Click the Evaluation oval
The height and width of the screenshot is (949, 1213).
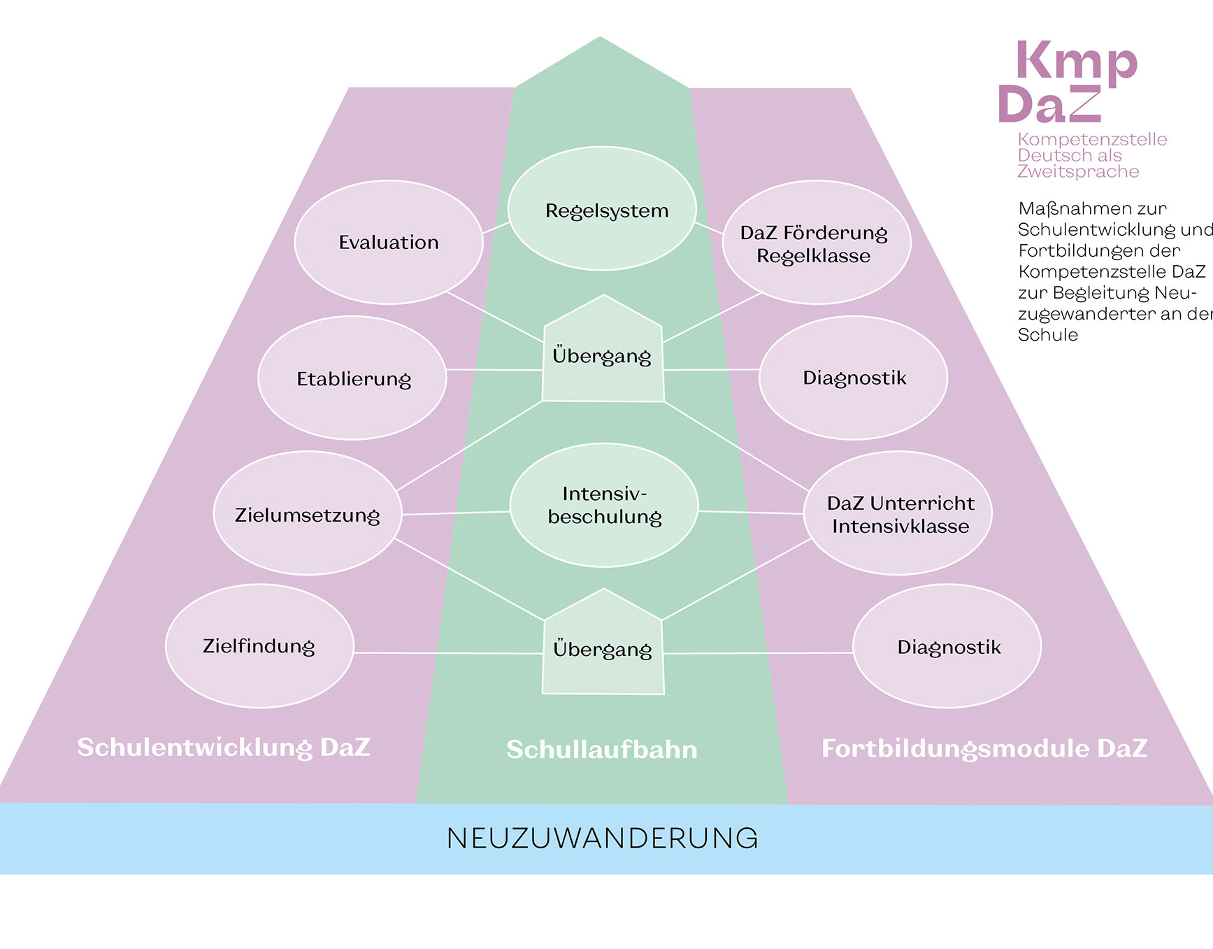(389, 242)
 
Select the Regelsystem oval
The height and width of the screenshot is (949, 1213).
(602, 209)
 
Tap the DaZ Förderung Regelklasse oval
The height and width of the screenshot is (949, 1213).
(816, 243)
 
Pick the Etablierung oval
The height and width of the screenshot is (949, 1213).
(352, 378)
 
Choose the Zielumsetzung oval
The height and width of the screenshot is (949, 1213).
(308, 514)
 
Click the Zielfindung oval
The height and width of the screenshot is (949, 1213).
(259, 646)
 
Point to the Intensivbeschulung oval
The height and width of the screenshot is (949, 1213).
(604, 506)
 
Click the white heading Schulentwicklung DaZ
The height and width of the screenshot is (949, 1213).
(223, 747)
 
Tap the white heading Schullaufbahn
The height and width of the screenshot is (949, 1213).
(601, 749)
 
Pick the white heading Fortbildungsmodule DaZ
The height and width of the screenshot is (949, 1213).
(984, 748)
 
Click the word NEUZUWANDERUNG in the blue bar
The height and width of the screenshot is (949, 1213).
(602, 839)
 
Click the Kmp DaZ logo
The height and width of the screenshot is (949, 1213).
(1068, 83)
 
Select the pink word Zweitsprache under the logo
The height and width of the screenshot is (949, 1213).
(1077, 172)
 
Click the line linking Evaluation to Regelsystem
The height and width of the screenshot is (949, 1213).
(496, 228)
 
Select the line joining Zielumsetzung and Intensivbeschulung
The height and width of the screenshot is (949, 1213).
(456, 513)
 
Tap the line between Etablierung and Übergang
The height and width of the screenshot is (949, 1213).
(494, 370)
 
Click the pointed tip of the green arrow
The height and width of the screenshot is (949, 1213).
(600, 38)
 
